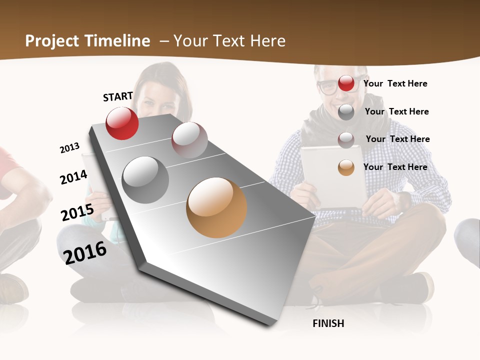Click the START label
pos(118,96)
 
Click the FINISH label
pos(328,323)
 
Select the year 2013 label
pos(69,148)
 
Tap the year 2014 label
pos(73,177)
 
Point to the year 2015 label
pos(77,212)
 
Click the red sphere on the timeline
pos(122,123)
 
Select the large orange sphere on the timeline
pos(216,207)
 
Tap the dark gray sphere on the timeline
pos(145,180)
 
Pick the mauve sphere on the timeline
pos(189,140)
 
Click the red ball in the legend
pos(346,83)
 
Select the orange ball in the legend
pos(346,167)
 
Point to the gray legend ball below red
pos(346,112)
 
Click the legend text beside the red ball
pos(395,83)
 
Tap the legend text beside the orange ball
pos(395,167)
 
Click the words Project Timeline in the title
pos(87,41)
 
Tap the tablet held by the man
pos(333,175)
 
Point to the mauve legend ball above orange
pos(346,140)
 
